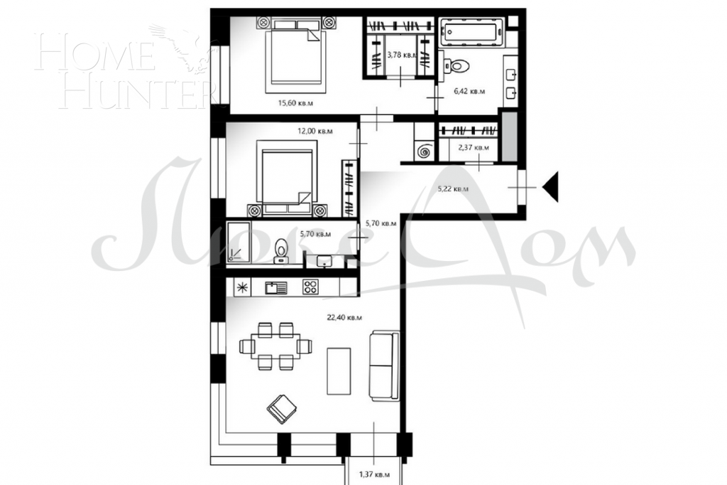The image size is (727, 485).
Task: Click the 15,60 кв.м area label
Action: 296,103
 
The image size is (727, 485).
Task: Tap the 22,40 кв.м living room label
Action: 345,317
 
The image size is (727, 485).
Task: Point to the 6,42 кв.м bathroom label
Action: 469,91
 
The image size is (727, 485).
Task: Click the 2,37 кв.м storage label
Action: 473,148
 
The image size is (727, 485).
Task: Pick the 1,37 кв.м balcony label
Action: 373,474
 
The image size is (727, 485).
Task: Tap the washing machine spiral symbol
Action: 425,151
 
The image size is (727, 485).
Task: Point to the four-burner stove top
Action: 310,287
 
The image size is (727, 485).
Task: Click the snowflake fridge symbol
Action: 243,287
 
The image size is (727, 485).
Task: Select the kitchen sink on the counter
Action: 275,287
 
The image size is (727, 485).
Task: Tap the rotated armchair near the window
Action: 281,408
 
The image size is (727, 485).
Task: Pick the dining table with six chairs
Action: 275,346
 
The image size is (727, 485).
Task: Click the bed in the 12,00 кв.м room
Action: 288,178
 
